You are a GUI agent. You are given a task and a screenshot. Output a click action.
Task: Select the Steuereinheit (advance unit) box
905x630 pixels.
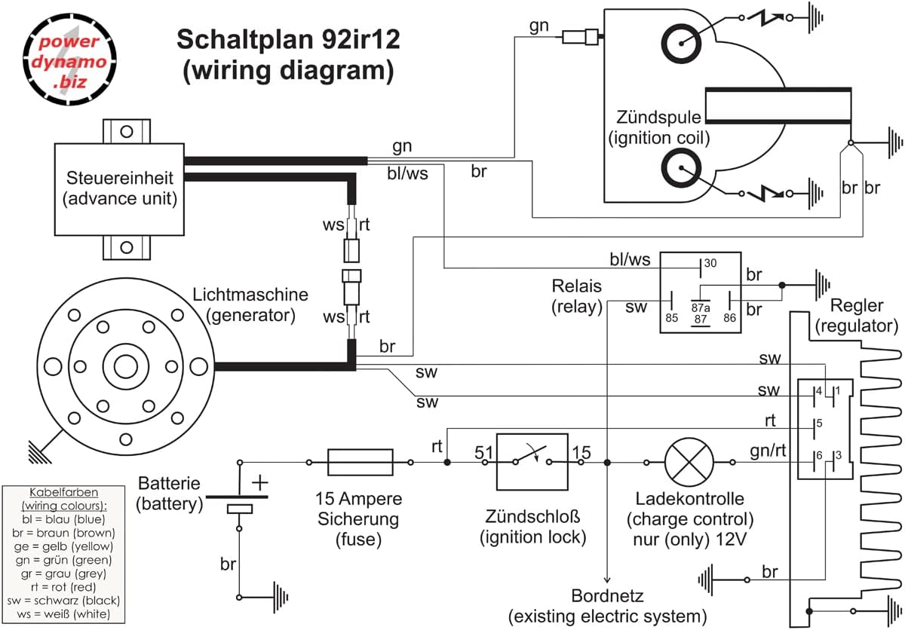pos(119,188)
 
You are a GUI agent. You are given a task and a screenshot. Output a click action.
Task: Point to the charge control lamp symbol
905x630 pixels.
pos(689,461)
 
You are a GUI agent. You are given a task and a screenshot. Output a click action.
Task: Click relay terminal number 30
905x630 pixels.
pos(709,264)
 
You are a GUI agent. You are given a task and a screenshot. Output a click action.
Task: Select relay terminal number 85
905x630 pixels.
pos(671,317)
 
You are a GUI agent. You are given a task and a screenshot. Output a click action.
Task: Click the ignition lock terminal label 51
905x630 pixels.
pos(483,452)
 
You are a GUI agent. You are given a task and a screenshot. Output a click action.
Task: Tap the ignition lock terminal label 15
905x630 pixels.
pos(581,452)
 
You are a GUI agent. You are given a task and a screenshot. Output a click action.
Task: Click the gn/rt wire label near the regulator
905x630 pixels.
pos(767,451)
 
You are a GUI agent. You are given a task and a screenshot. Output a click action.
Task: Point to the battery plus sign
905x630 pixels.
pos(259,482)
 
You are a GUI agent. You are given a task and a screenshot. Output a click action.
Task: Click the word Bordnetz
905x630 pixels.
pos(608,596)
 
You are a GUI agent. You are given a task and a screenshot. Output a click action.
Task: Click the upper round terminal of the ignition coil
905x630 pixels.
pos(683,42)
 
